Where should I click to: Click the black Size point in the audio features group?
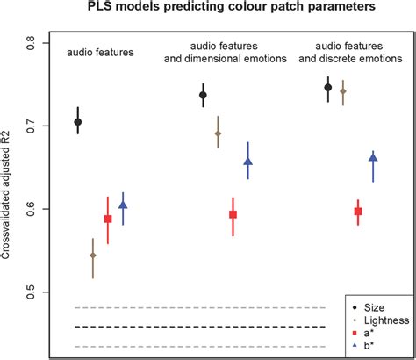78,122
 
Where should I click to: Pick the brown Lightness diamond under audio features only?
93,256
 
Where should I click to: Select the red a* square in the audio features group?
108,219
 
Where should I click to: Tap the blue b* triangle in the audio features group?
123,205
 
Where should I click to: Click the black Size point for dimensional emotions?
203,95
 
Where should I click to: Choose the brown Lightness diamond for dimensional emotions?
218,133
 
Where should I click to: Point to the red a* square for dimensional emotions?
233,214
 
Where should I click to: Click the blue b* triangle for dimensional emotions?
247,162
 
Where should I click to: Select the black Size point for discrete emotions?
328,87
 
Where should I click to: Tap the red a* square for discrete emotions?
357,211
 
